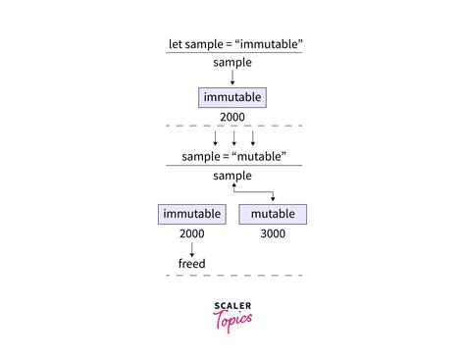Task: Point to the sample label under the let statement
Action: [x=232, y=62]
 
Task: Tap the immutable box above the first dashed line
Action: [x=232, y=98]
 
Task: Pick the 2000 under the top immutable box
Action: [x=232, y=117]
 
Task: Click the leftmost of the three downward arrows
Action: [x=215, y=137]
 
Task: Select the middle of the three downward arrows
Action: [x=232, y=137]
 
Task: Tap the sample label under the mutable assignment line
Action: [x=232, y=176]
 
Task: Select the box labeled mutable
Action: [x=273, y=214]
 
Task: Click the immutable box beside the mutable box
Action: [x=191, y=214]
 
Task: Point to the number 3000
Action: [x=273, y=235]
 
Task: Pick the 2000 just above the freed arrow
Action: [x=191, y=235]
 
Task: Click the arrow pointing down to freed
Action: [x=191, y=250]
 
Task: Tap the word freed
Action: [x=191, y=264]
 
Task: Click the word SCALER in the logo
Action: [x=232, y=306]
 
